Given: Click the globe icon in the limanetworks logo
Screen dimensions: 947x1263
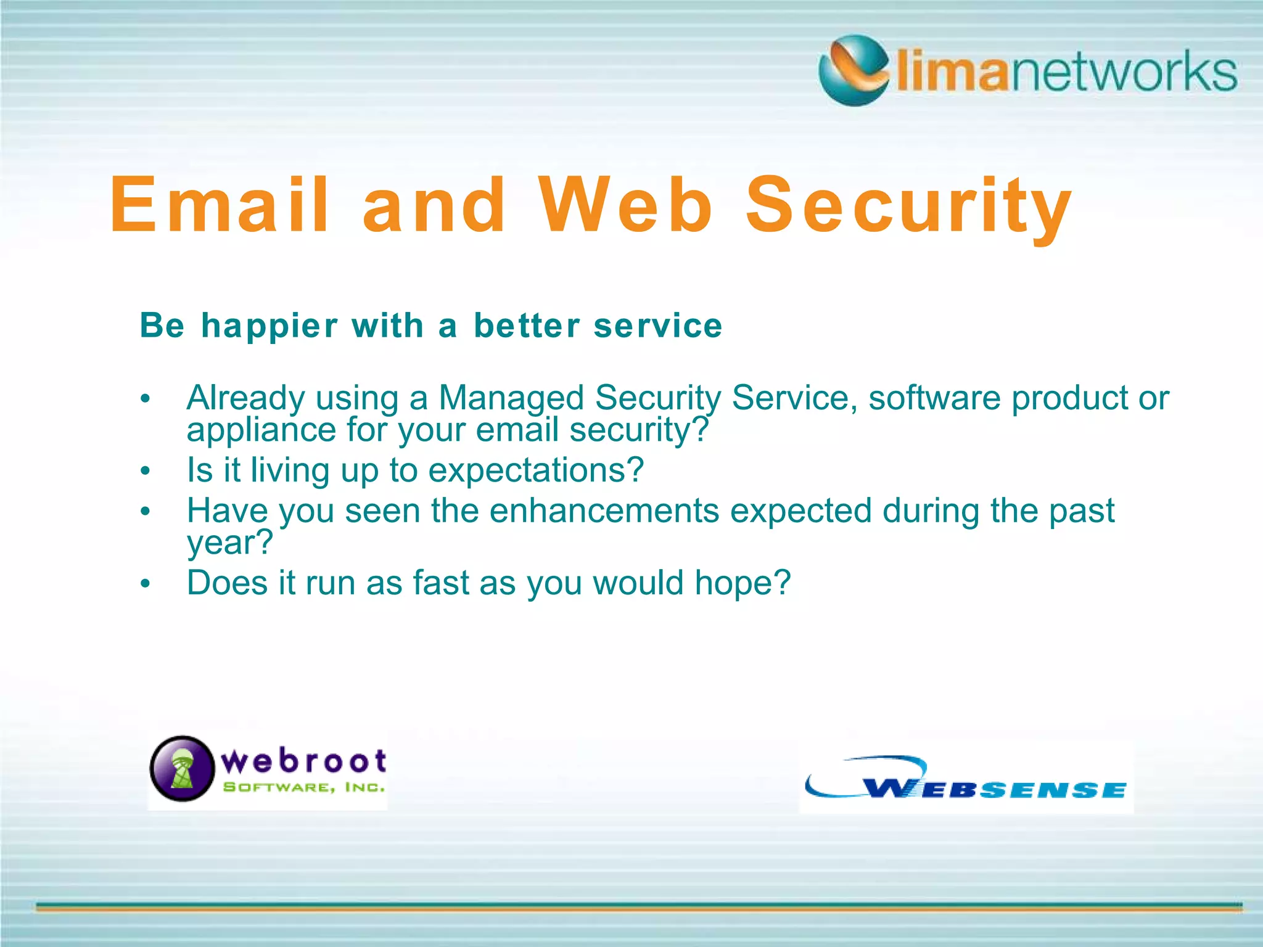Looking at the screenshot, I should tap(854, 70).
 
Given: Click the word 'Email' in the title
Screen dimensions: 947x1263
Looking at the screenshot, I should tap(220, 205).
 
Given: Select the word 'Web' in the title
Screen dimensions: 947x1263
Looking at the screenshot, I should tap(625, 205).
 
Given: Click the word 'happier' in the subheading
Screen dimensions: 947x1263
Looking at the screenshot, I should tap(269, 326).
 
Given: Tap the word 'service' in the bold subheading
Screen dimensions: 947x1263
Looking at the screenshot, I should tap(657, 326).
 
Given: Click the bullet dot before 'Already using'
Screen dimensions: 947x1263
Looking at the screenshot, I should tap(145, 399).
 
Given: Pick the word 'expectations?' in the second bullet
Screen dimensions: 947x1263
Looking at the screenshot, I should tap(535, 470).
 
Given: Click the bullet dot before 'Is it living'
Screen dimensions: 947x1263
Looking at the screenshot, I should tap(145, 472).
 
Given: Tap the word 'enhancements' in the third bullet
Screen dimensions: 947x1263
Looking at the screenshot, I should tap(604, 511).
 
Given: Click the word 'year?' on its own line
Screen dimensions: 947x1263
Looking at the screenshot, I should tap(229, 543).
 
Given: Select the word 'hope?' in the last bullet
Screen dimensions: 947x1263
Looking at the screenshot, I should tap(742, 583).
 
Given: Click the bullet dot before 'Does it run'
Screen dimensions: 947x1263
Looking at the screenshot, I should tap(145, 584).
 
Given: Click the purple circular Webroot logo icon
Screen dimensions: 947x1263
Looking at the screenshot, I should tap(182, 768).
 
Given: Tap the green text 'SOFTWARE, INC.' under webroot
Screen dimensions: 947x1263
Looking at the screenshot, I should tap(303, 787).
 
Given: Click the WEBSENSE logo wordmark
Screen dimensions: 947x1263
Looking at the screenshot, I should tap(994, 789).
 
